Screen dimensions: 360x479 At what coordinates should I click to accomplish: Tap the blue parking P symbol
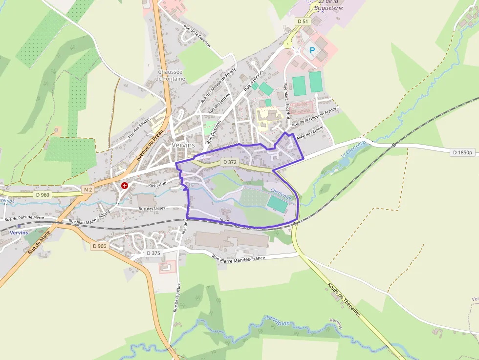[311, 50]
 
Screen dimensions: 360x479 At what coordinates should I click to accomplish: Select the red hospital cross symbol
[125, 186]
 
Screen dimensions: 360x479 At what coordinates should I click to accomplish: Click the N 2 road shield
[88, 189]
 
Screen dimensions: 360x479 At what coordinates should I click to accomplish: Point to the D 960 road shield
[43, 194]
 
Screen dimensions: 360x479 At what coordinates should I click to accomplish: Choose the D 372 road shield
[229, 162]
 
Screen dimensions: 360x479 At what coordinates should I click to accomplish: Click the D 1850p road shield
[463, 152]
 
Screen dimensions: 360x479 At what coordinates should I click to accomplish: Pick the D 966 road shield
[99, 246]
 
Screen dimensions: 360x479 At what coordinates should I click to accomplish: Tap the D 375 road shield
[153, 253]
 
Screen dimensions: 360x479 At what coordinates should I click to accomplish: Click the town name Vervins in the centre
[183, 145]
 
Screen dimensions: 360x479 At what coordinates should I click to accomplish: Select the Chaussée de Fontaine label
[171, 75]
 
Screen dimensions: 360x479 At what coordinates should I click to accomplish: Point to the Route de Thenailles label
[344, 299]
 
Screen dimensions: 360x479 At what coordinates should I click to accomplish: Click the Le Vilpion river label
[278, 320]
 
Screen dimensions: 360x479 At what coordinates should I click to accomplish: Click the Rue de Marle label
[39, 243]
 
